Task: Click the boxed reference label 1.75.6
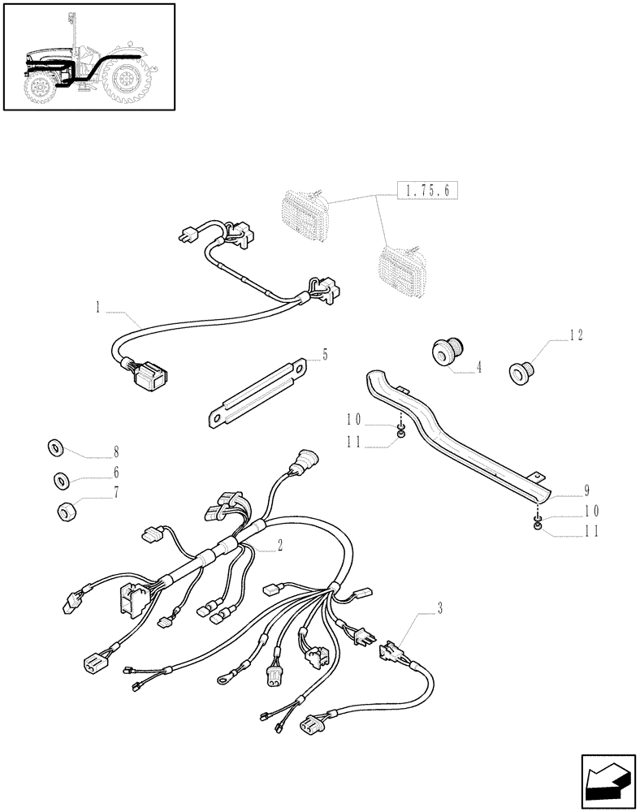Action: coord(428,191)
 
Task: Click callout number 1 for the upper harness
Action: coord(97,307)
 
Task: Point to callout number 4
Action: coord(478,367)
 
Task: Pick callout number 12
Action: coord(576,335)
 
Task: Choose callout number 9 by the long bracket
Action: coord(586,490)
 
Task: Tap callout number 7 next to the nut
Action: coord(116,493)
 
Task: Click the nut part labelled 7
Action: coord(66,512)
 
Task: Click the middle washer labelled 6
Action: coord(61,480)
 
